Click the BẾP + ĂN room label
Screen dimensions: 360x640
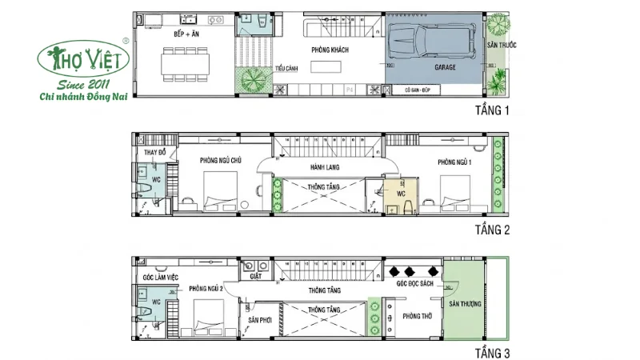[x=186, y=36]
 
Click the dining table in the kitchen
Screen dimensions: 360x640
[x=186, y=62]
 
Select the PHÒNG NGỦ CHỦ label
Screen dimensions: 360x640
[x=220, y=161]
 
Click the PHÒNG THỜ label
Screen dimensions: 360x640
[x=418, y=316]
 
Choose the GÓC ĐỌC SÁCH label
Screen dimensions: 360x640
[x=414, y=283]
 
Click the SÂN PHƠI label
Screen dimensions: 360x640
[x=261, y=319]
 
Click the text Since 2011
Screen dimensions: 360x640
[x=80, y=83]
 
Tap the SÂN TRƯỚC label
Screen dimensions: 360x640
[x=502, y=45]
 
